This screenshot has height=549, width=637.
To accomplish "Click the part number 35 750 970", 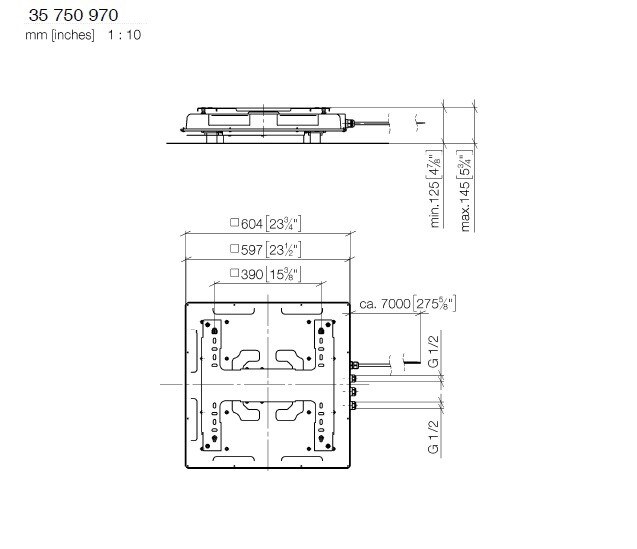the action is pos(73,15).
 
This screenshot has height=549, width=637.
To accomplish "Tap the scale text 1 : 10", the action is pos(124,35).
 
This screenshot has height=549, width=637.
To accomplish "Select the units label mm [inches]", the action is pos(60,35).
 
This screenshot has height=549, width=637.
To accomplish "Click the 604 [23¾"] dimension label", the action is pos(266,224).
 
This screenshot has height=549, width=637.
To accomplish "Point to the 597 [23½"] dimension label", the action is pos(266,250).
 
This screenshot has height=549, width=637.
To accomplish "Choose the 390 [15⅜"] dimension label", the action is pos(266,275).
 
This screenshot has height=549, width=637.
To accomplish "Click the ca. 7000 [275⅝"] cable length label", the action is pos(407,304).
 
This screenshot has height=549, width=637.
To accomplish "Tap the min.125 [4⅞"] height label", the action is pos(434,189).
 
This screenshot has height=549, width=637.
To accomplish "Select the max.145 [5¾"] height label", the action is pos(465,191).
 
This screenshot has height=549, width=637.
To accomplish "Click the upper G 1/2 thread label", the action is pos(434,352).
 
